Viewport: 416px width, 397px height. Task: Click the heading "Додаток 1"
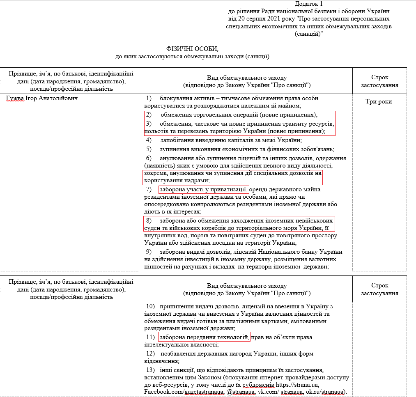click(x=309, y=4)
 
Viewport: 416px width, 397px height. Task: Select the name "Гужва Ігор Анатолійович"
click(x=42, y=99)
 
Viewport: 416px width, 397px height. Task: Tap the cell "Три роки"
click(x=379, y=101)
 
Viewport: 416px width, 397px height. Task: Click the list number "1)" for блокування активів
click(x=149, y=99)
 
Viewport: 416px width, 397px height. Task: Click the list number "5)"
click(x=149, y=149)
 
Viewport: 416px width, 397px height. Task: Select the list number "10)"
click(x=150, y=306)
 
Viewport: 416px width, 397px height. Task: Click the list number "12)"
click(x=150, y=353)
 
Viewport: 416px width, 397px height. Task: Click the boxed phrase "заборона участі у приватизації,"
click(x=204, y=189)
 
